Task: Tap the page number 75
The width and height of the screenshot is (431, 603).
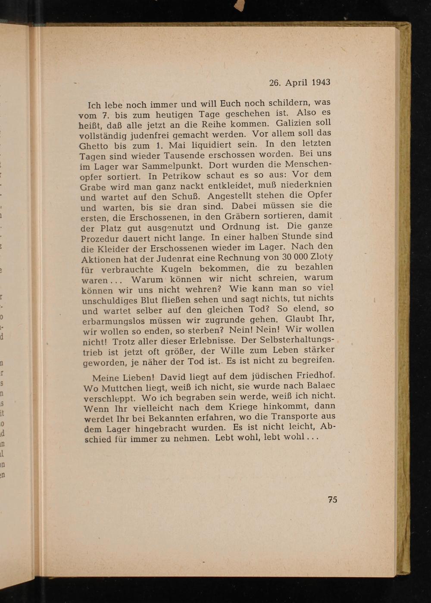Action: coord(332,500)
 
